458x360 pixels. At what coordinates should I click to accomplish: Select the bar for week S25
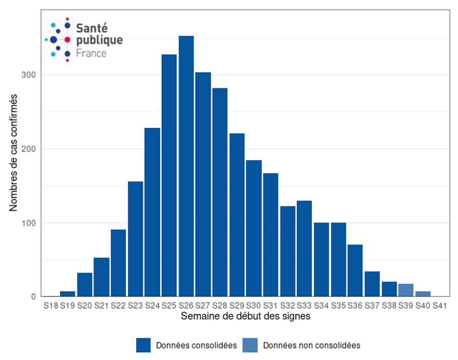[169, 175]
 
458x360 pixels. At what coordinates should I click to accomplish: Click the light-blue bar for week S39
[406, 290]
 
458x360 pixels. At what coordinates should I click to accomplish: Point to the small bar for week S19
[67, 294]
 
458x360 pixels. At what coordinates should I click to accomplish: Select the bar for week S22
[118, 263]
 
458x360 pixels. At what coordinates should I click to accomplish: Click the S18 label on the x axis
[51, 306]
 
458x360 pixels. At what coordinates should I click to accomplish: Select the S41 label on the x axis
[440, 306]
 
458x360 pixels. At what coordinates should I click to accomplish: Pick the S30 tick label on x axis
[254, 306]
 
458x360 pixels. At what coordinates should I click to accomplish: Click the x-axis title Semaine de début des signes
[245, 317]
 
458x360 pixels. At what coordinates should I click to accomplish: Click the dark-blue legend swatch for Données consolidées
[143, 345]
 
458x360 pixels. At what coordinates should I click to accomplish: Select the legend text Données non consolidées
[312, 346]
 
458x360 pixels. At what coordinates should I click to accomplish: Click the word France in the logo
[91, 53]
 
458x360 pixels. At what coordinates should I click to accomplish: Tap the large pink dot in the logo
[67, 40]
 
